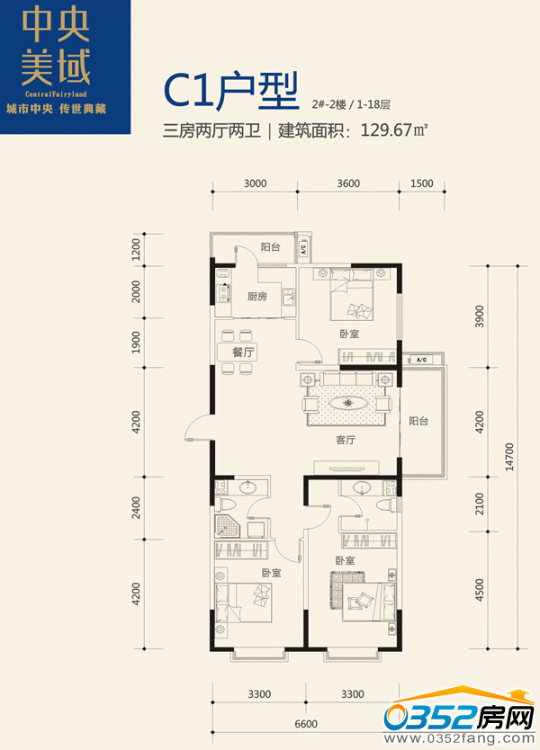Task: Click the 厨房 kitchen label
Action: (257, 297)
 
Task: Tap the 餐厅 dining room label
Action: (243, 353)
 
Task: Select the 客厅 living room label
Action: (346, 440)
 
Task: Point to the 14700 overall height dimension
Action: (508, 457)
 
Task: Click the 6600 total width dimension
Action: (306, 724)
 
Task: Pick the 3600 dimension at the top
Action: (348, 183)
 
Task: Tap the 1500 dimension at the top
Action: (422, 183)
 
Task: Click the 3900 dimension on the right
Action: (479, 317)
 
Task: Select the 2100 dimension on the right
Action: (479, 504)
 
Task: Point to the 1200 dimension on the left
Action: (136, 250)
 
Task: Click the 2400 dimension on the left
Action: (136, 507)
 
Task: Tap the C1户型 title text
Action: (231, 91)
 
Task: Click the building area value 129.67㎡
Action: (393, 130)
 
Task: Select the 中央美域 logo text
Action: (56, 47)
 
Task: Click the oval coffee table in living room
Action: (349, 403)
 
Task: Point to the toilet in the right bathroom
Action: (387, 505)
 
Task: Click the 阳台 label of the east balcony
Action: (418, 421)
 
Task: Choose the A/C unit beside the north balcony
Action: (303, 249)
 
